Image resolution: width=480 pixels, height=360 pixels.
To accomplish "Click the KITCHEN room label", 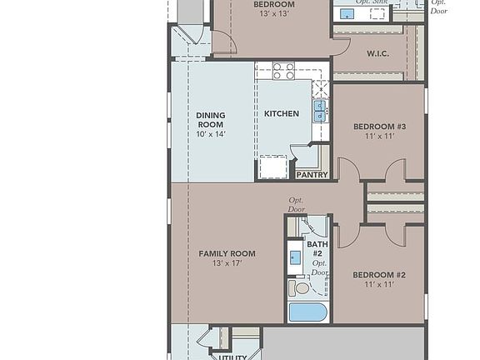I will [x=282, y=113].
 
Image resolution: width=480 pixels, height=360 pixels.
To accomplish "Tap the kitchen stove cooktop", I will [x=283, y=72].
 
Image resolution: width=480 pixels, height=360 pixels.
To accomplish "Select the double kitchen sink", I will [x=320, y=110].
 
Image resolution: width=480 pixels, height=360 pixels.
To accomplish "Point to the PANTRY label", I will [x=312, y=175].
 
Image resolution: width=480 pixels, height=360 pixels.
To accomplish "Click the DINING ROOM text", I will [x=211, y=120].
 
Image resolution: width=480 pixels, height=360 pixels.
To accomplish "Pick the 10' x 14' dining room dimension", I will [x=211, y=134].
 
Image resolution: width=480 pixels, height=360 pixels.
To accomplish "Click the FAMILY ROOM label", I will [x=227, y=253].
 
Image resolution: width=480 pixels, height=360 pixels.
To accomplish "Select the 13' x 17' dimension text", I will [x=227, y=263].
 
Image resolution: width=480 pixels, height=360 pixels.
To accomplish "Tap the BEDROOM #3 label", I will [x=379, y=127].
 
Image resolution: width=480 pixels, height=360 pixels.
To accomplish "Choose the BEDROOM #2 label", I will [x=379, y=275].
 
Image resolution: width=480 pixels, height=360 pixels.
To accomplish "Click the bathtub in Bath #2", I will [x=307, y=313].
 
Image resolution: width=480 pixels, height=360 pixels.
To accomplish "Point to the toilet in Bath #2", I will [x=301, y=287].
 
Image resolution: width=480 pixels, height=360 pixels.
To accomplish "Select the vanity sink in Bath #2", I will [x=296, y=257].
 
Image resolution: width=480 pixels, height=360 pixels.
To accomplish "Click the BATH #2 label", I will [x=317, y=249].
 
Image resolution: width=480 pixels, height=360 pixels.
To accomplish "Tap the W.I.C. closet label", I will [x=377, y=54].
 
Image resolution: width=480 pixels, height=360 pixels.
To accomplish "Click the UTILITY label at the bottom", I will [x=233, y=357].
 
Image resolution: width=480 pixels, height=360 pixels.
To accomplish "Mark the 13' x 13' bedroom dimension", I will [x=274, y=14].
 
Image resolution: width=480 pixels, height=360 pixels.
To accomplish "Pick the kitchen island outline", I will [x=272, y=167].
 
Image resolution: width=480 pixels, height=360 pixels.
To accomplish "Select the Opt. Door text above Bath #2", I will [x=297, y=204].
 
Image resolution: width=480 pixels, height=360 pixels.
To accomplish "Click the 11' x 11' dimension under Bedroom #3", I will [x=379, y=137].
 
